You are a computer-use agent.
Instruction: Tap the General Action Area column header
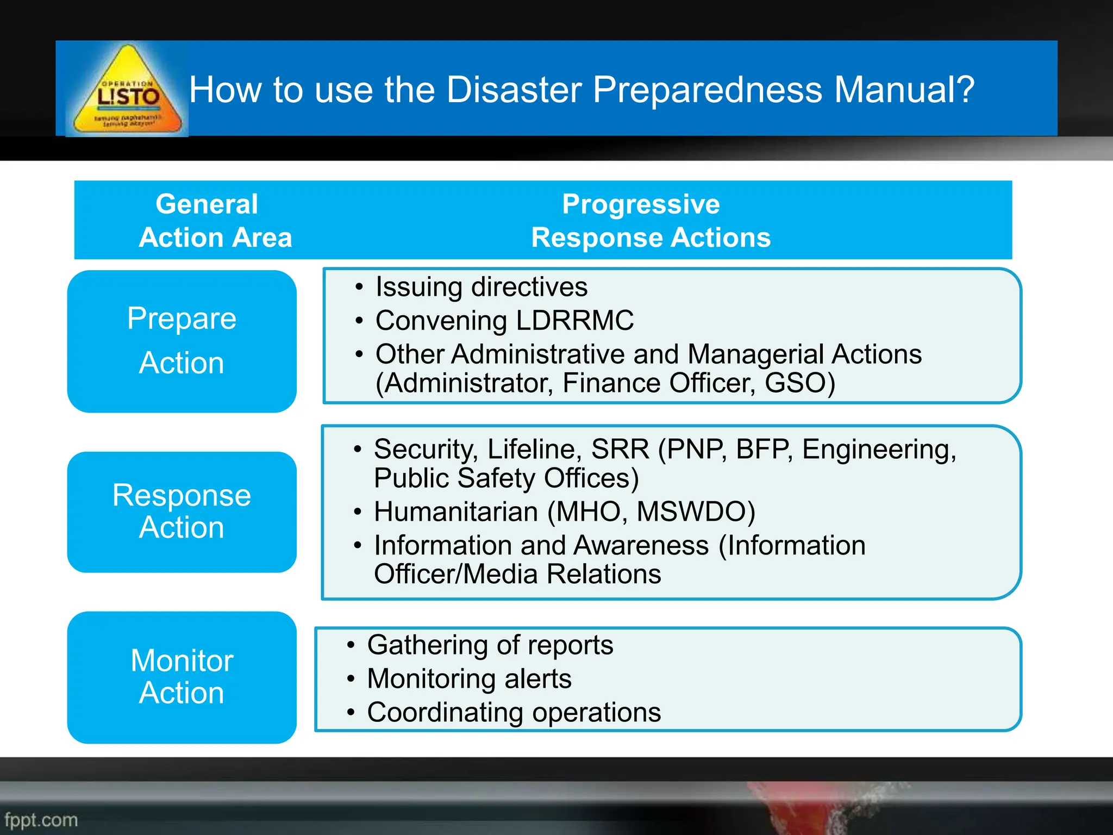215,220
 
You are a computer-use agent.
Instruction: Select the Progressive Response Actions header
651,220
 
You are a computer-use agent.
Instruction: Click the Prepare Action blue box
182,341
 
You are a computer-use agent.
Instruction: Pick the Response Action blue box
182,512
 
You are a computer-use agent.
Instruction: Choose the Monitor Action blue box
182,677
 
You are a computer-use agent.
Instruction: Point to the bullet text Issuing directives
481,286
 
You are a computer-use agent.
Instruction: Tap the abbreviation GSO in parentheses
796,383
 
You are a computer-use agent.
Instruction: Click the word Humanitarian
455,512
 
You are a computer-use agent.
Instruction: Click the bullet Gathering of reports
490,645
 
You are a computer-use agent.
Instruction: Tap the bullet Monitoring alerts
469,678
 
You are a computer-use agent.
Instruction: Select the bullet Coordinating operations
514,712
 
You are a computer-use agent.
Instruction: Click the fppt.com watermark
41,820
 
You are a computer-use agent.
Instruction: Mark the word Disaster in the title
514,90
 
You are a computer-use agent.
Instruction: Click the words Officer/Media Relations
517,574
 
